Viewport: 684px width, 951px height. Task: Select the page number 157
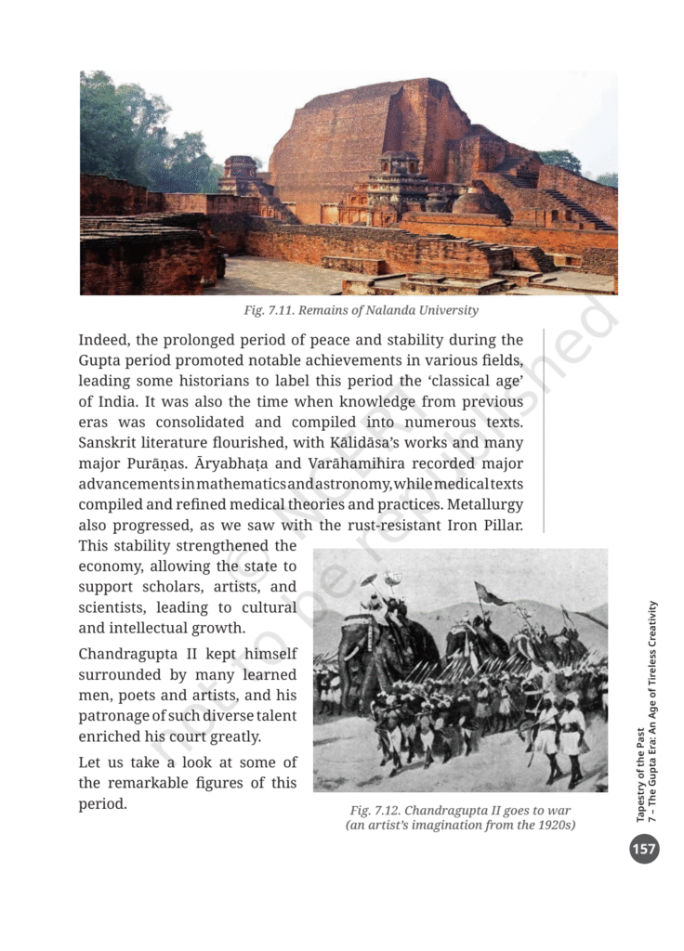[x=643, y=848]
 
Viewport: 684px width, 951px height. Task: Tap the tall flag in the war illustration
[x=491, y=594]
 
